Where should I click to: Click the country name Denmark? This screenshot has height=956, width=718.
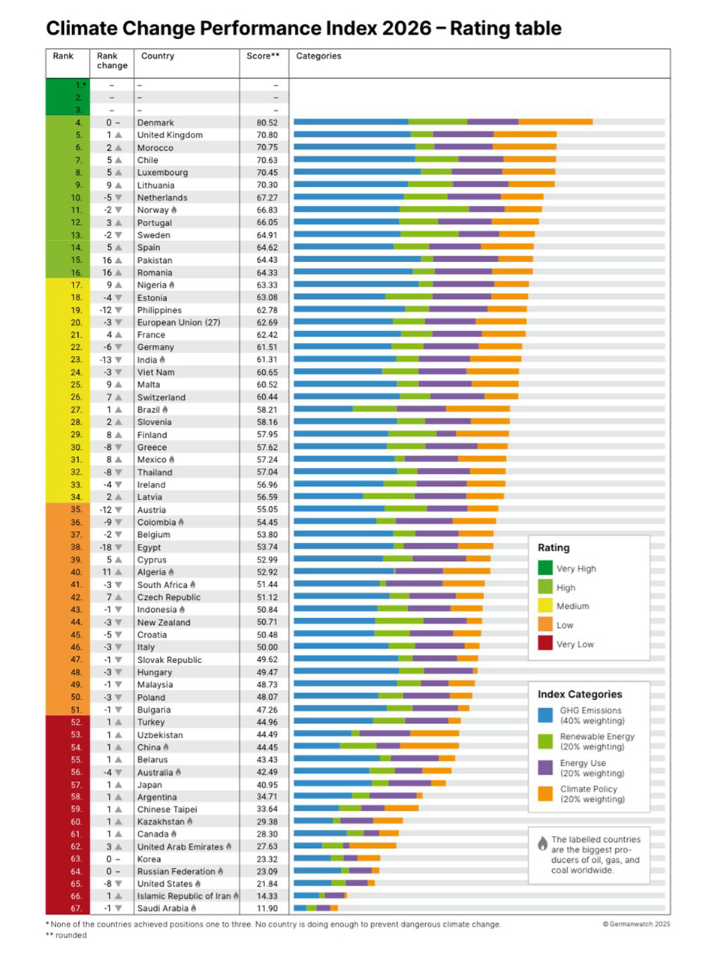(155, 122)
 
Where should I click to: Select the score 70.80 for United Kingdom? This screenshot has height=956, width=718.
(267, 135)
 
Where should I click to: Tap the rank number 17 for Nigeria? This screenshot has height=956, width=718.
(77, 285)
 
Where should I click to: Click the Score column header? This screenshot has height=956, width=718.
(262, 56)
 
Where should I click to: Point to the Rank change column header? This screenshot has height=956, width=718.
(112, 61)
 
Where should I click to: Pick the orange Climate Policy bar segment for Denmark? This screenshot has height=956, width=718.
(555, 122)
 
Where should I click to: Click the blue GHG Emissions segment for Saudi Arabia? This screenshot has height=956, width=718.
(300, 908)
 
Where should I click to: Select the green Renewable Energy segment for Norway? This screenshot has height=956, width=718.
(434, 210)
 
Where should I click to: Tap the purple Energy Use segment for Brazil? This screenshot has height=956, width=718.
(421, 409)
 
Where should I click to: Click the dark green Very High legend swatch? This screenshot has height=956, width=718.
(545, 568)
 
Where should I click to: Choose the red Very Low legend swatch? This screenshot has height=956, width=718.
(545, 644)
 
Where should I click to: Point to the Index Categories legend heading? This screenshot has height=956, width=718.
(579, 694)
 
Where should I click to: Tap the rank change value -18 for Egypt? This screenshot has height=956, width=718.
(106, 547)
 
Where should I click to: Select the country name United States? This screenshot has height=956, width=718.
(164, 884)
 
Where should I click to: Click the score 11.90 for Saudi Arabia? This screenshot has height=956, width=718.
(267, 909)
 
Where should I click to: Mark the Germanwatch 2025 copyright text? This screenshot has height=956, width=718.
(636, 924)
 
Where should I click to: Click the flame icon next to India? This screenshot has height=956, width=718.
(162, 360)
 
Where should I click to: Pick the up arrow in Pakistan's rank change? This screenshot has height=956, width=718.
(118, 261)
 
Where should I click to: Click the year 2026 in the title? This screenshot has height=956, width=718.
(406, 29)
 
